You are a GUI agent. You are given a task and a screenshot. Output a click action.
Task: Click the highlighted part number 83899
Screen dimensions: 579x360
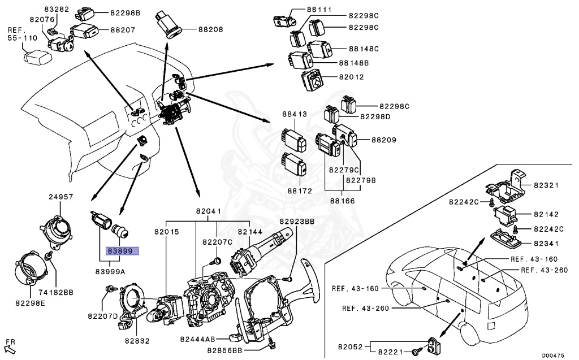[x=119, y=251]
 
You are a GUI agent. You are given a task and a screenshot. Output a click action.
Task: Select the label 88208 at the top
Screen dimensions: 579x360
[x=210, y=28]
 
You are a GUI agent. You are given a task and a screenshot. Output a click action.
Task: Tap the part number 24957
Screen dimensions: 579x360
[x=61, y=197]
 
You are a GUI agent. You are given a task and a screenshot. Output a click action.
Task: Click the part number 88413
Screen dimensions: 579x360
[x=295, y=114]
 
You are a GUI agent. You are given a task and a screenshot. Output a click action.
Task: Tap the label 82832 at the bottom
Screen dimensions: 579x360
[x=137, y=341]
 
